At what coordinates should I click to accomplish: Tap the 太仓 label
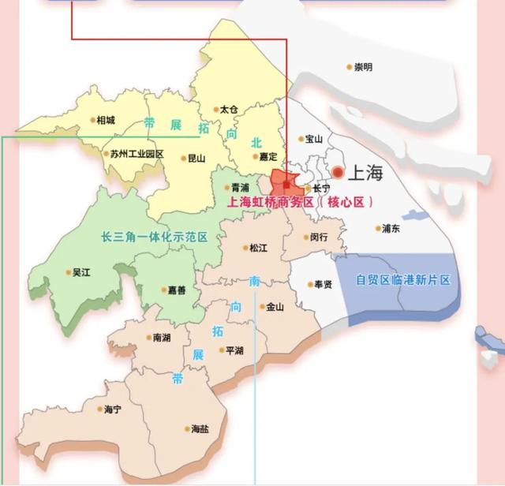click(x=229, y=110)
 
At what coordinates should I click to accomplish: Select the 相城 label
click(x=105, y=121)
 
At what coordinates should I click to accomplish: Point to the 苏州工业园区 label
click(x=137, y=154)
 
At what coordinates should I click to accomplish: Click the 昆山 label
click(x=196, y=158)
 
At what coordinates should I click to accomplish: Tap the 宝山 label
click(x=314, y=139)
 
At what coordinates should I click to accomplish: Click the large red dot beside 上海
click(x=338, y=172)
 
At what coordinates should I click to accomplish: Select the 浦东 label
click(x=391, y=229)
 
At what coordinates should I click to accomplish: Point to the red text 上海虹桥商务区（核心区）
click(x=300, y=203)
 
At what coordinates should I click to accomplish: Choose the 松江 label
click(x=258, y=248)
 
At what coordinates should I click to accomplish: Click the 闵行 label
click(x=319, y=237)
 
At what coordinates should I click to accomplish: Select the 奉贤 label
click(x=322, y=284)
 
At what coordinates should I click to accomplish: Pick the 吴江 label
click(x=81, y=273)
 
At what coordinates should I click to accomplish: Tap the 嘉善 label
click(x=177, y=290)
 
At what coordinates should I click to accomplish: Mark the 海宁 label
click(x=112, y=410)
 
